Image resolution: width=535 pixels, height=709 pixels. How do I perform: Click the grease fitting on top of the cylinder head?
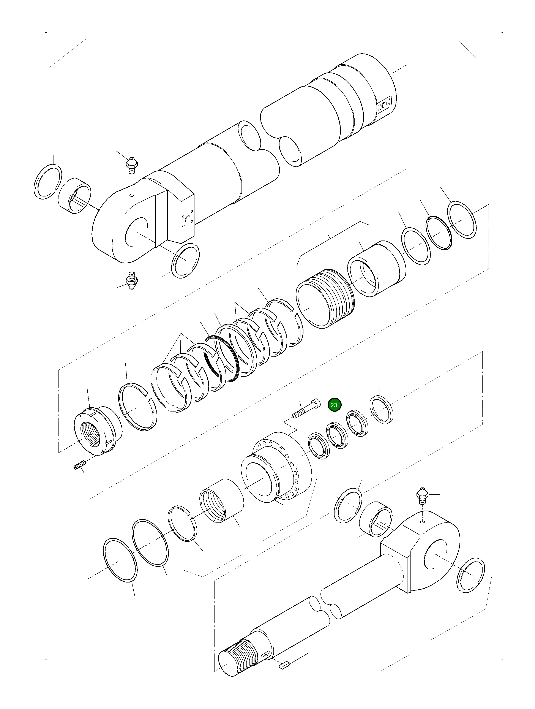pyautogui.click(x=131, y=165)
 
